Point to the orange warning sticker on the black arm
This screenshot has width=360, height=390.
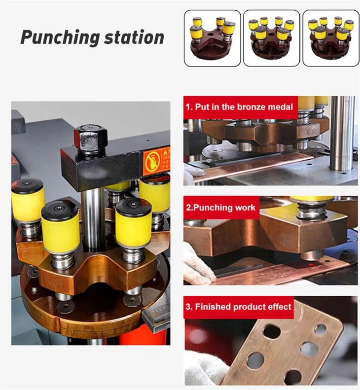tap(156, 161)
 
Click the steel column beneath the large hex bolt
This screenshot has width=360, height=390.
tap(93, 217)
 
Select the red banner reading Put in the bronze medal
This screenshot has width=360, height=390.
tap(240, 107)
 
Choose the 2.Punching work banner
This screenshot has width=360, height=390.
tap(221, 208)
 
